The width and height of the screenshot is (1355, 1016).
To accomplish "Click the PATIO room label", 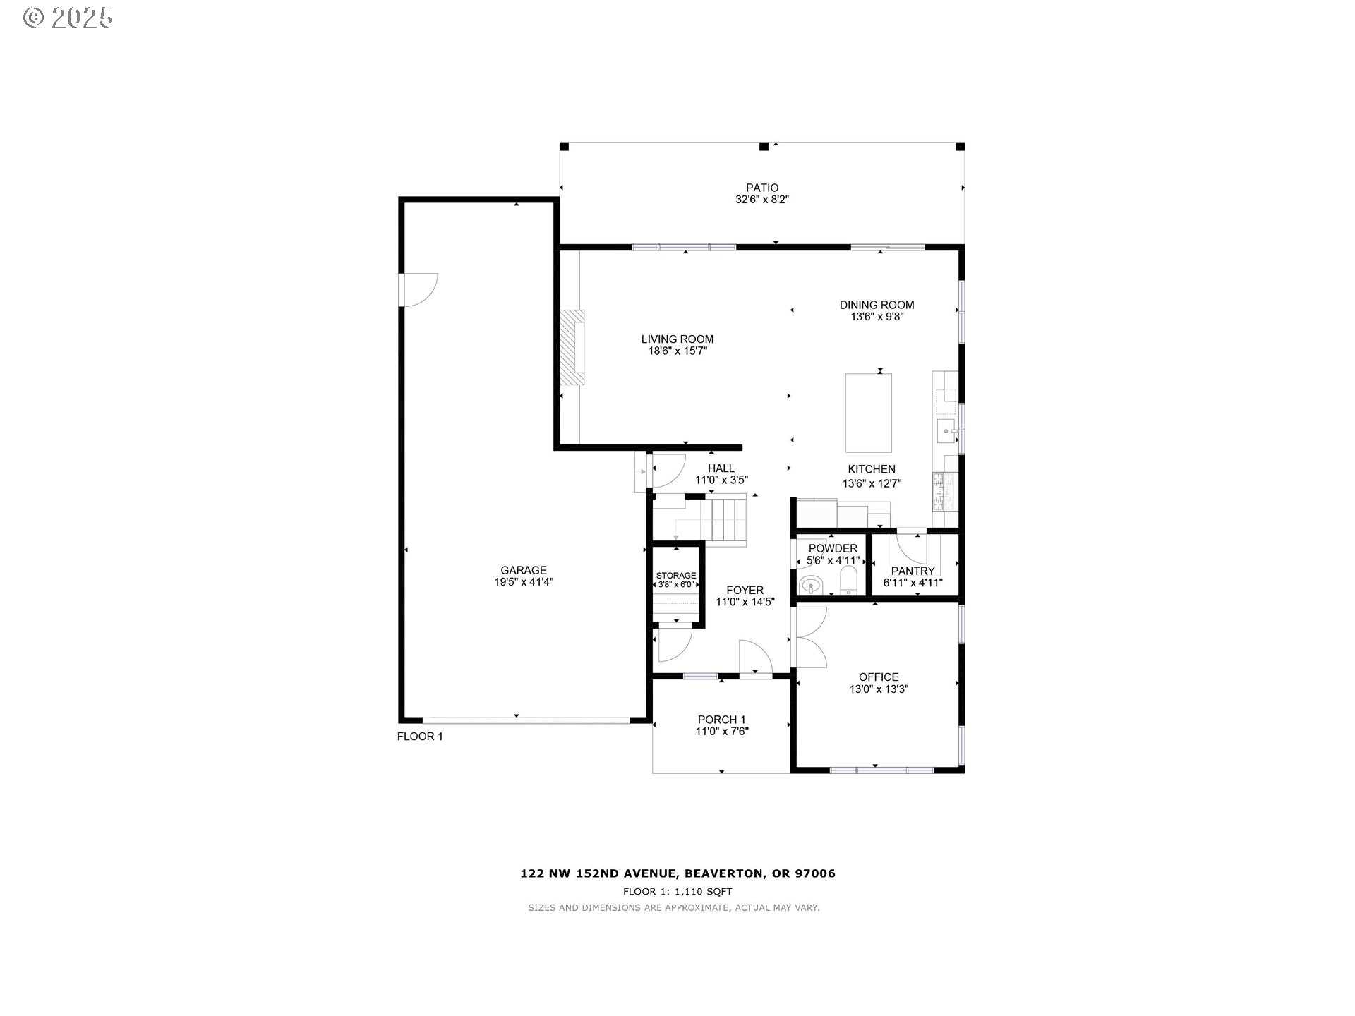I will [x=761, y=188].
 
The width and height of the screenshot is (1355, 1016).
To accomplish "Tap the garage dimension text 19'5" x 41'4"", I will [x=524, y=582].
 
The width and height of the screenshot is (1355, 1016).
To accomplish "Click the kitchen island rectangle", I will [x=868, y=413].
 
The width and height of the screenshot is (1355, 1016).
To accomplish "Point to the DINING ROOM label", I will [x=877, y=305].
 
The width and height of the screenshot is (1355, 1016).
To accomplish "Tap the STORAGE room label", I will [x=676, y=575].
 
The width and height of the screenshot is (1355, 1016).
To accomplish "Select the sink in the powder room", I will [x=811, y=586].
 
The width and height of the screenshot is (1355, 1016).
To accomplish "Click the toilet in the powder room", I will [x=848, y=582].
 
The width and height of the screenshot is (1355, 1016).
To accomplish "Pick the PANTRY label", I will [x=913, y=571].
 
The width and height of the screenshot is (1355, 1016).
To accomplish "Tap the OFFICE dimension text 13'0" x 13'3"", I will [x=879, y=689].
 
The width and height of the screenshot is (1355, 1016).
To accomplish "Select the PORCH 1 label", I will [x=721, y=720].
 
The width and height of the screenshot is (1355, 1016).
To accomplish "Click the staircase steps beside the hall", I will [x=727, y=520].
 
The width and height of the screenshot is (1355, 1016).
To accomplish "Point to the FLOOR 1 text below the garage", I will [x=420, y=737].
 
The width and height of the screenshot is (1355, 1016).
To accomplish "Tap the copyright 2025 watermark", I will [x=68, y=18].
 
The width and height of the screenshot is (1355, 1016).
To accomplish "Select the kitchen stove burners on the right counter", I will [x=943, y=491].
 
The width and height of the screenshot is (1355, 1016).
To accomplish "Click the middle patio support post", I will [x=763, y=147].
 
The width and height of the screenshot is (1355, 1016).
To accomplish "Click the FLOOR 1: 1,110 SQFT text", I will [x=677, y=892].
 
